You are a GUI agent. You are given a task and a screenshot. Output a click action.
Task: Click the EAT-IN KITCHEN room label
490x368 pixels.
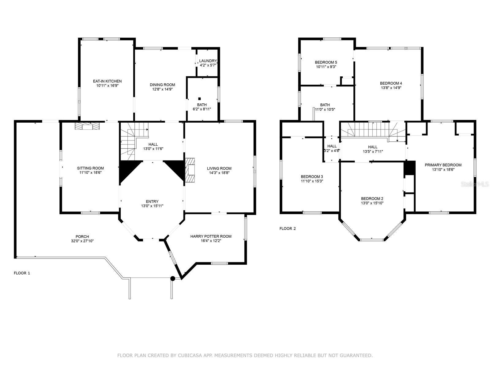click(107, 81)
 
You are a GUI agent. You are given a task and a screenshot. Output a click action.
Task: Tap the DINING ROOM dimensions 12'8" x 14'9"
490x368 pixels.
click(162, 89)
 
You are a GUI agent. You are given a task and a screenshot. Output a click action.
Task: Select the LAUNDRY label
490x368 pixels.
click(208, 61)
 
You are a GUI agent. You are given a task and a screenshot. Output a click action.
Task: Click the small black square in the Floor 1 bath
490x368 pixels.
click(199, 99)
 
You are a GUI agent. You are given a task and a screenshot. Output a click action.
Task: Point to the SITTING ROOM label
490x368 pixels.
click(90, 168)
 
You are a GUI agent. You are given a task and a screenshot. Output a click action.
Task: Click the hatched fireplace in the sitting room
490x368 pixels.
click(87, 126)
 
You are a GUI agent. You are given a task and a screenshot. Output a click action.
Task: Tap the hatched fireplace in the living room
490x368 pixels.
click(190, 170)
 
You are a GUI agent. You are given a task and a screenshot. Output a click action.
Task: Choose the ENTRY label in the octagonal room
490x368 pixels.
click(152, 201)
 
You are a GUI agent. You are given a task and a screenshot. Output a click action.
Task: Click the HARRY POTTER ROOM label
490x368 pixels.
click(211, 236)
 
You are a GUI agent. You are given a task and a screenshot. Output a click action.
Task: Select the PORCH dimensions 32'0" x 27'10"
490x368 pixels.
click(82, 241)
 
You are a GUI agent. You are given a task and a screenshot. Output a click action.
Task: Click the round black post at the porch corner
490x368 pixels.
click(172, 278)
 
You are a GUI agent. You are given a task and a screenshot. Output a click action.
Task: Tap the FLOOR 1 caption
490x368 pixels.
click(22, 273)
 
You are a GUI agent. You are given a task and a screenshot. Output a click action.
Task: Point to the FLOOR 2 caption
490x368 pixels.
click(288, 228)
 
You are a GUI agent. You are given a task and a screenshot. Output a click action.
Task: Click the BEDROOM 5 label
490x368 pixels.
click(326, 62)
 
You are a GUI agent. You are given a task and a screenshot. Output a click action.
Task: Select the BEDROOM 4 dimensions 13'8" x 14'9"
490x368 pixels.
click(391, 88)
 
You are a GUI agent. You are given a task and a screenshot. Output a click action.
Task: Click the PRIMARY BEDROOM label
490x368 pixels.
click(443, 165)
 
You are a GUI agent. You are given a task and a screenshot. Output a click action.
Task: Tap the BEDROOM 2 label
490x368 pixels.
click(372, 199)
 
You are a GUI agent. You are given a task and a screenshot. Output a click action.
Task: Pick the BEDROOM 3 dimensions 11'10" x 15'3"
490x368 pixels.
click(312, 181)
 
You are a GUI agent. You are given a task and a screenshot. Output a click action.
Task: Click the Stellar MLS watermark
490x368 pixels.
click(475, 184)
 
